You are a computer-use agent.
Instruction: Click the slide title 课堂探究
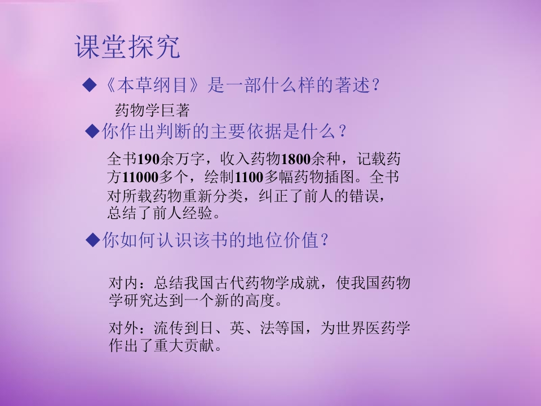(x=127, y=47)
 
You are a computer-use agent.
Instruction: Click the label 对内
(x=122, y=283)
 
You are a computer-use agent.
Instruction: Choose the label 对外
(x=122, y=328)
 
